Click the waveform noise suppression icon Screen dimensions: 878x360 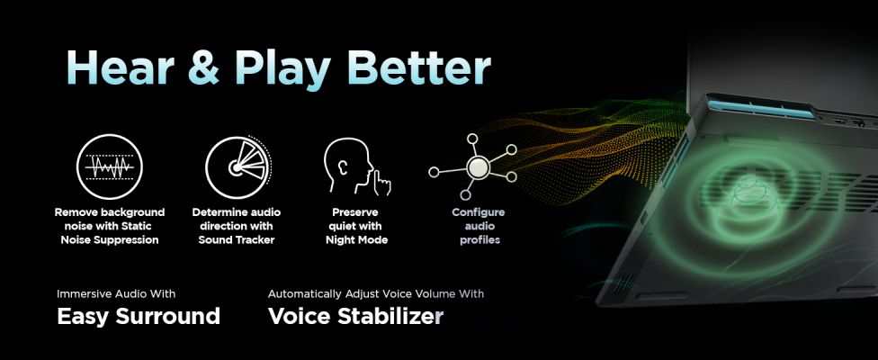tap(109, 166)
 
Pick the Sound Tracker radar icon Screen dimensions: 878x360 tap(238, 166)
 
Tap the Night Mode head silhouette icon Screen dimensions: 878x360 tap(356, 166)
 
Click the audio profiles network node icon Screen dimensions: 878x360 tap(472, 166)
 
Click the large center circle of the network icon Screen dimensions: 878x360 tap(478, 166)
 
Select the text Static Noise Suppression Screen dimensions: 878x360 tap(111, 233)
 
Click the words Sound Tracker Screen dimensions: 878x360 tap(237, 240)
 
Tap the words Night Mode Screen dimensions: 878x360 tap(356, 240)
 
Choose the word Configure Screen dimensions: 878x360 tap(479, 212)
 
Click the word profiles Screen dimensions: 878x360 tap(479, 240)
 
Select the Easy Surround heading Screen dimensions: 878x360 tap(139, 316)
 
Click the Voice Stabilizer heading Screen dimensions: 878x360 tap(355, 316)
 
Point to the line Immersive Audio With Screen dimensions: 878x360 tap(116, 294)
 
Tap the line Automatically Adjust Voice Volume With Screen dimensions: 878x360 tap(376, 294)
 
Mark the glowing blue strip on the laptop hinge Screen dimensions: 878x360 tap(760, 109)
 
